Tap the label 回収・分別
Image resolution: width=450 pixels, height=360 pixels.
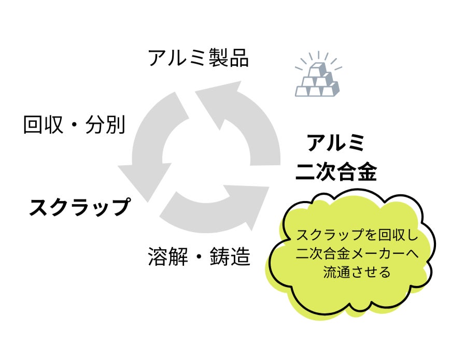[74, 125]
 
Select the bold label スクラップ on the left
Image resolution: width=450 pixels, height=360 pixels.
[78, 207]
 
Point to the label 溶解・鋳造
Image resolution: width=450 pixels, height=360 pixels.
[199, 257]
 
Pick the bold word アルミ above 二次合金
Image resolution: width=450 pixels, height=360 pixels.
[336, 143]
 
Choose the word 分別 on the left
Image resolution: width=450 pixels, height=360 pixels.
[107, 125]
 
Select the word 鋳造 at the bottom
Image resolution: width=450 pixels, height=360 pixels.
[231, 257]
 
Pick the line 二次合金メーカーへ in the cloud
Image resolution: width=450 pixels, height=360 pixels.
[357, 253]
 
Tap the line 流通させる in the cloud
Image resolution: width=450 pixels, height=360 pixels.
[357, 272]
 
